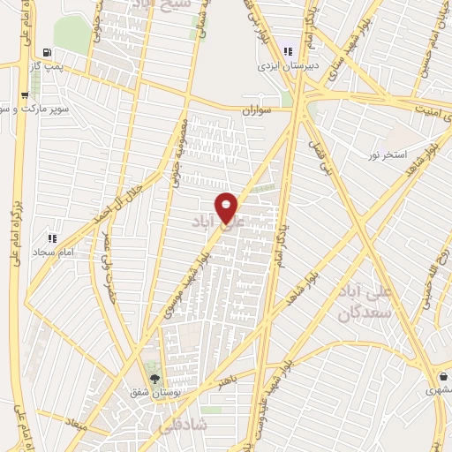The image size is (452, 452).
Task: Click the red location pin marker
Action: [227, 207]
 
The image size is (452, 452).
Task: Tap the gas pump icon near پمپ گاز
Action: [43, 52]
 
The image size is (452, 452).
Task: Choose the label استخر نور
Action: [388, 155]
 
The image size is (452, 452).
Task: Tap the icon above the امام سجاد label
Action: [51, 237]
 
